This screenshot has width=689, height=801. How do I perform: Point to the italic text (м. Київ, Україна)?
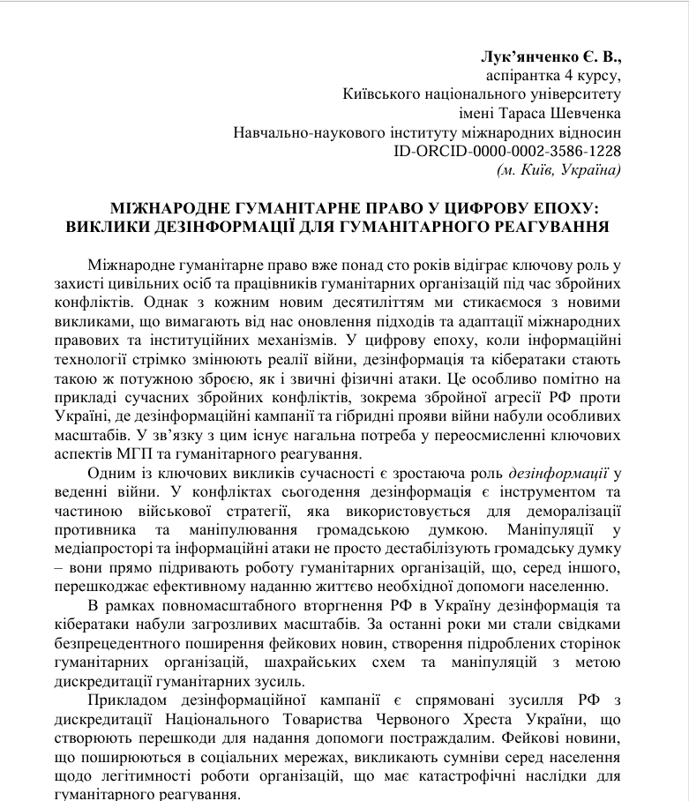point(559,169)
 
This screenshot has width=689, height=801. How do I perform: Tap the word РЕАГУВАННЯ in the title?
point(549,227)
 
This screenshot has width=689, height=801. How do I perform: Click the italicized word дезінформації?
point(563,473)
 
